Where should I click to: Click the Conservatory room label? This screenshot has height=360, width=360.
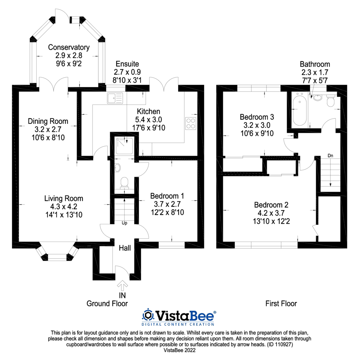click(x=69, y=48)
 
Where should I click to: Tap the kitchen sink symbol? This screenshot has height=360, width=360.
click(x=114, y=98)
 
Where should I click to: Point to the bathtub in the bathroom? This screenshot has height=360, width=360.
click(x=300, y=110)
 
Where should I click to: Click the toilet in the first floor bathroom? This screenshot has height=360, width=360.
click(x=330, y=102)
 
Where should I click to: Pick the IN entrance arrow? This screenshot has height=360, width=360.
click(x=123, y=286)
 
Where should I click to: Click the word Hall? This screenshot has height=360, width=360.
click(x=125, y=248)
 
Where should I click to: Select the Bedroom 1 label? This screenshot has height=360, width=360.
click(x=167, y=196)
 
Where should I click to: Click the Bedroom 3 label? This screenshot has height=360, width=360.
click(x=257, y=117)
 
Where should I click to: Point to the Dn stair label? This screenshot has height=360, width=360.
click(x=330, y=156)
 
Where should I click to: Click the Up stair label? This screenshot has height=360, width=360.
click(x=125, y=223)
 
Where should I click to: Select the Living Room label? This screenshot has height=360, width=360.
click(x=64, y=198)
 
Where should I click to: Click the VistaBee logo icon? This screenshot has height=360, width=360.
click(x=148, y=316)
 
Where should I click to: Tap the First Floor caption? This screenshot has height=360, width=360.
click(x=281, y=303)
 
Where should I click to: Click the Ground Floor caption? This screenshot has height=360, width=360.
click(x=107, y=303)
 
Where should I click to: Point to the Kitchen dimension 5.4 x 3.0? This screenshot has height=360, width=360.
click(x=148, y=120)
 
